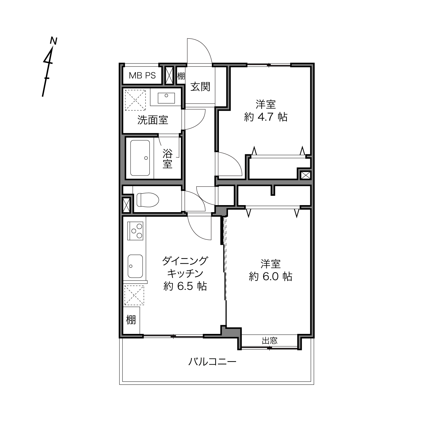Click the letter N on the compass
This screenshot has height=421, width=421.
53,41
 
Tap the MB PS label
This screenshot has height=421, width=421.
142,76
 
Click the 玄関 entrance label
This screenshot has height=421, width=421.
200,87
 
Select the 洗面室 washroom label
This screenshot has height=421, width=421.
153,120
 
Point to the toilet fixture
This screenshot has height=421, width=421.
148,199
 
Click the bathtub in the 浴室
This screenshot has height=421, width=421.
140,158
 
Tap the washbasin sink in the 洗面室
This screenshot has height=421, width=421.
166,98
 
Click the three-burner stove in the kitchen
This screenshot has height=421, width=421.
135,230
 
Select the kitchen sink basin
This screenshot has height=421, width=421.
135,266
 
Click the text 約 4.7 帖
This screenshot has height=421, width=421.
265,117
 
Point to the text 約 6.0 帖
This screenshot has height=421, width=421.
270,277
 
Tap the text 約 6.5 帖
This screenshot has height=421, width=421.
185,286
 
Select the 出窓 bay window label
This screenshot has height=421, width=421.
270,341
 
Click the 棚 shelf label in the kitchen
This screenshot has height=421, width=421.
131,320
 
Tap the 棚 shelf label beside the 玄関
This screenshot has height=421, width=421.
181,76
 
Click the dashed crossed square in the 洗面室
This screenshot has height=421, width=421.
135,100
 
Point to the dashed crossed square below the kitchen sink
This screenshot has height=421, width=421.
134,295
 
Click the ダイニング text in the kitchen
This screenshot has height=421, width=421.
185,261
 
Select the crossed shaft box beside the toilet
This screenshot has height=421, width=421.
126,205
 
